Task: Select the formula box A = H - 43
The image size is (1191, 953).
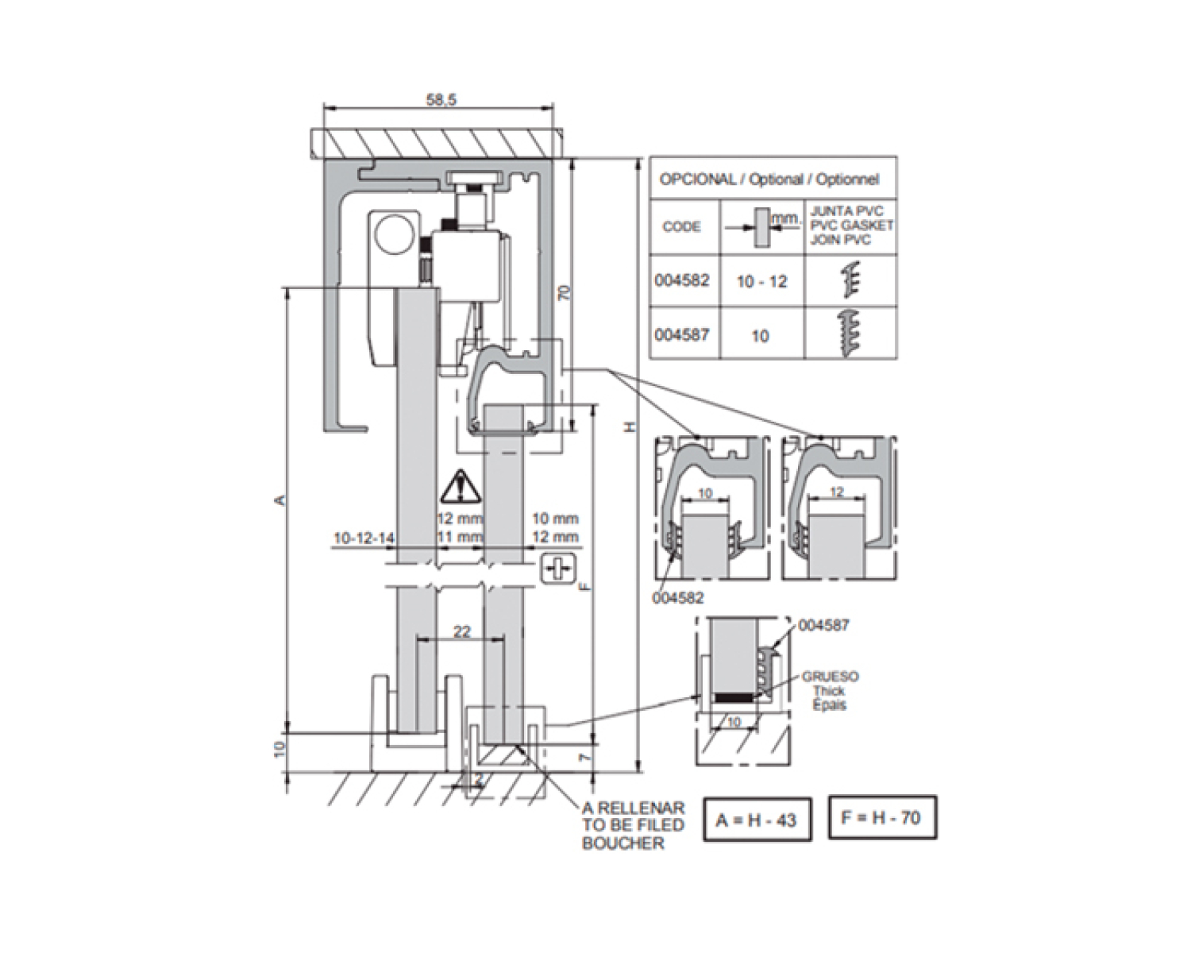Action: [x=757, y=819]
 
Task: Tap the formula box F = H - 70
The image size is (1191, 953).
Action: [x=882, y=817]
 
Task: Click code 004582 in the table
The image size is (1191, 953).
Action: [x=682, y=281]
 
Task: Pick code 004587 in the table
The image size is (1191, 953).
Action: [x=682, y=334]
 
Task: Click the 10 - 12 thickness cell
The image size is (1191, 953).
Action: [x=761, y=282]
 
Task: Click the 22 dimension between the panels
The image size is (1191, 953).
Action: [x=461, y=632]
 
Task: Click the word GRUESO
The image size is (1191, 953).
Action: [x=830, y=677]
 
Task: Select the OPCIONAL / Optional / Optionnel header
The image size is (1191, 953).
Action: [x=769, y=179]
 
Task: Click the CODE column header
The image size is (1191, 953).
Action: [x=682, y=227]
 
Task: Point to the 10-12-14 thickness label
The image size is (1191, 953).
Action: [x=364, y=538]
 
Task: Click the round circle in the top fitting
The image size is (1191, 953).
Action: [x=392, y=235]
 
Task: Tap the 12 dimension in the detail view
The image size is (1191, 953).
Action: [x=836, y=492]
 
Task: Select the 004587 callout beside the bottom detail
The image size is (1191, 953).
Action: [x=823, y=626]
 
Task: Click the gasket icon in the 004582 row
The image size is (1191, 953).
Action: [x=850, y=280]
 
